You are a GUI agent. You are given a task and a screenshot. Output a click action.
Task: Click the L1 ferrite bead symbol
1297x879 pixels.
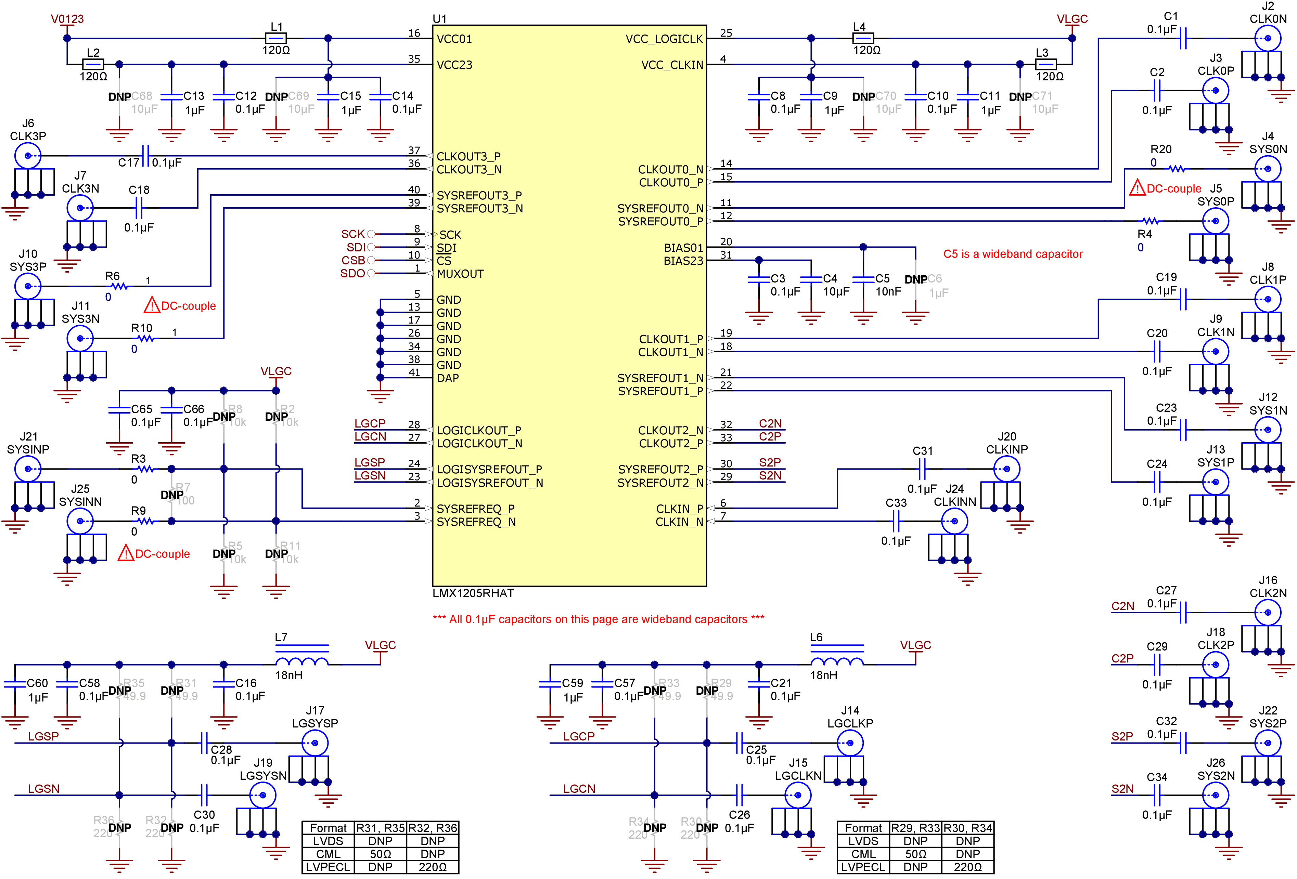coord(276,38)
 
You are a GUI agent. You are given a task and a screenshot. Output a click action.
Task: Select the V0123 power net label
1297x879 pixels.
coord(67,19)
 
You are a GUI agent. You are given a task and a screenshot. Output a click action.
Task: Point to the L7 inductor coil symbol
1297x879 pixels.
coord(302,660)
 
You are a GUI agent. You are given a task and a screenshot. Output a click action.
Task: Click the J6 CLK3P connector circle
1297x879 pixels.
coord(27,156)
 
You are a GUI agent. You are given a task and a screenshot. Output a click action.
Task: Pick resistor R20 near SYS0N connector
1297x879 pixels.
coord(1177,168)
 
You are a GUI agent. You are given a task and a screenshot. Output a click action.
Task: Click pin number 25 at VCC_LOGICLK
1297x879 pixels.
coord(725,33)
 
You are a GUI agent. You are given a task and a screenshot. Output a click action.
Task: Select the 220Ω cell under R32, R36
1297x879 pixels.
coord(433,867)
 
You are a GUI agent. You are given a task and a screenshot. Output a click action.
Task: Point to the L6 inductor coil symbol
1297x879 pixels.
coord(837,660)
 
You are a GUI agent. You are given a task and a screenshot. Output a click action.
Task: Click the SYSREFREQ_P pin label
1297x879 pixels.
coord(475,509)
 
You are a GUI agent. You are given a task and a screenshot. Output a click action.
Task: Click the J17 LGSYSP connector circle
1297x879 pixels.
coord(315,743)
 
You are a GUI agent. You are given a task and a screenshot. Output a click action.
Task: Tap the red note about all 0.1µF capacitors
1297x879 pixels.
coord(598,619)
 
